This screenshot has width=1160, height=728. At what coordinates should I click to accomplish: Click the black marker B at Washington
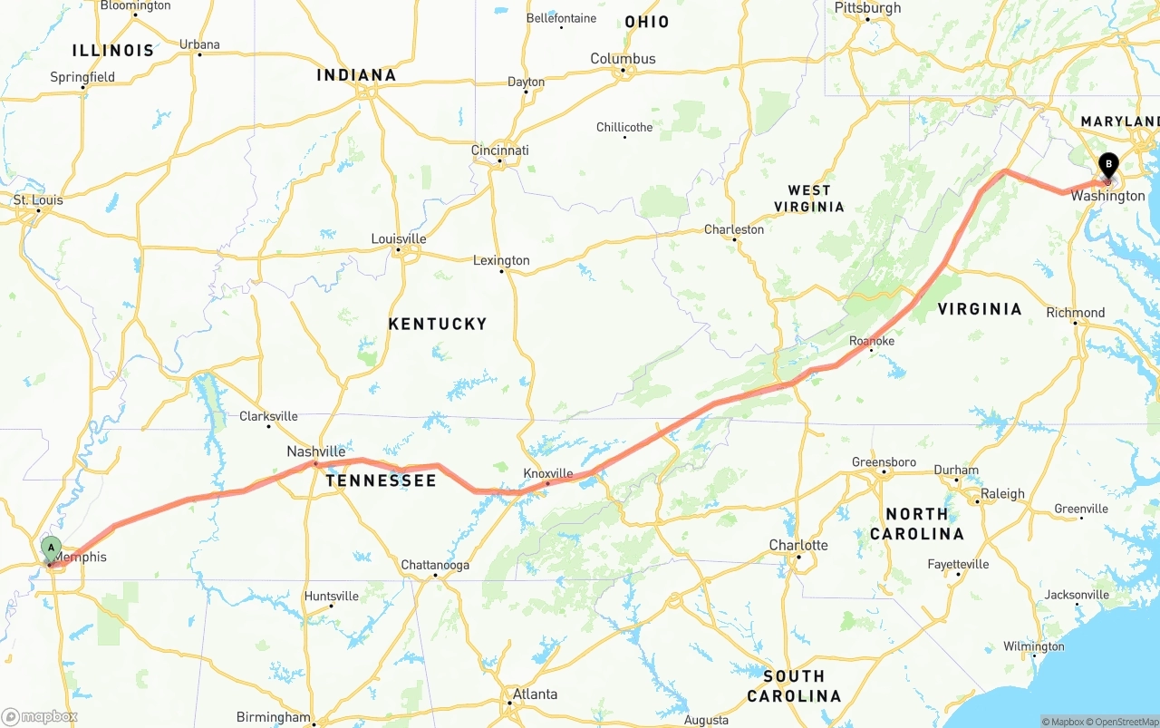(1107, 166)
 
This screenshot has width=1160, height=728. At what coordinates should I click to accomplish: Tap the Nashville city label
(315, 451)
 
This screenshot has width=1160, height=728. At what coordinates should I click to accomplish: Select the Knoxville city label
(547, 473)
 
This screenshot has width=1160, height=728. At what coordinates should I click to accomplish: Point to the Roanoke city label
(871, 341)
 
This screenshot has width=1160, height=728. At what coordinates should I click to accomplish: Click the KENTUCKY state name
(438, 324)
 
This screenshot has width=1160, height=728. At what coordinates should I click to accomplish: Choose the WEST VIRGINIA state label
(808, 199)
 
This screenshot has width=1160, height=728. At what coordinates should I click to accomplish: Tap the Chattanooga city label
(435, 565)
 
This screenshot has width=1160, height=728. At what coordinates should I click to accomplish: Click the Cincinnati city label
(499, 150)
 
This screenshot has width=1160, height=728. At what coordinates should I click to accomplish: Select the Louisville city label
(398, 239)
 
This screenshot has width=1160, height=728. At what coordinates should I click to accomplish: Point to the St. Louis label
(38, 200)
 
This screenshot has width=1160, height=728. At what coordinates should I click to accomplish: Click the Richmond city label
(1075, 313)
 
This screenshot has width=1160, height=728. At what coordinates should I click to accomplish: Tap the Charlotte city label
(797, 545)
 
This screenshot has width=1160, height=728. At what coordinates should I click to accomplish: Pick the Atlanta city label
(535, 694)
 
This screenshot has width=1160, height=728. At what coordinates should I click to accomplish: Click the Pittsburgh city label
(867, 8)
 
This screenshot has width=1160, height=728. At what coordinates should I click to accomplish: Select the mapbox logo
(40, 716)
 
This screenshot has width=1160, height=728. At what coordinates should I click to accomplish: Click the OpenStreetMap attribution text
(1124, 722)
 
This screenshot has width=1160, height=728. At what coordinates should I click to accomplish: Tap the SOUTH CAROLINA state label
(794, 686)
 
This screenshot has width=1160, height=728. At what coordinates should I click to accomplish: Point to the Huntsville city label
(331, 596)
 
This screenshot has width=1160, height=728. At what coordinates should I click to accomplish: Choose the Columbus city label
(623, 59)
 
